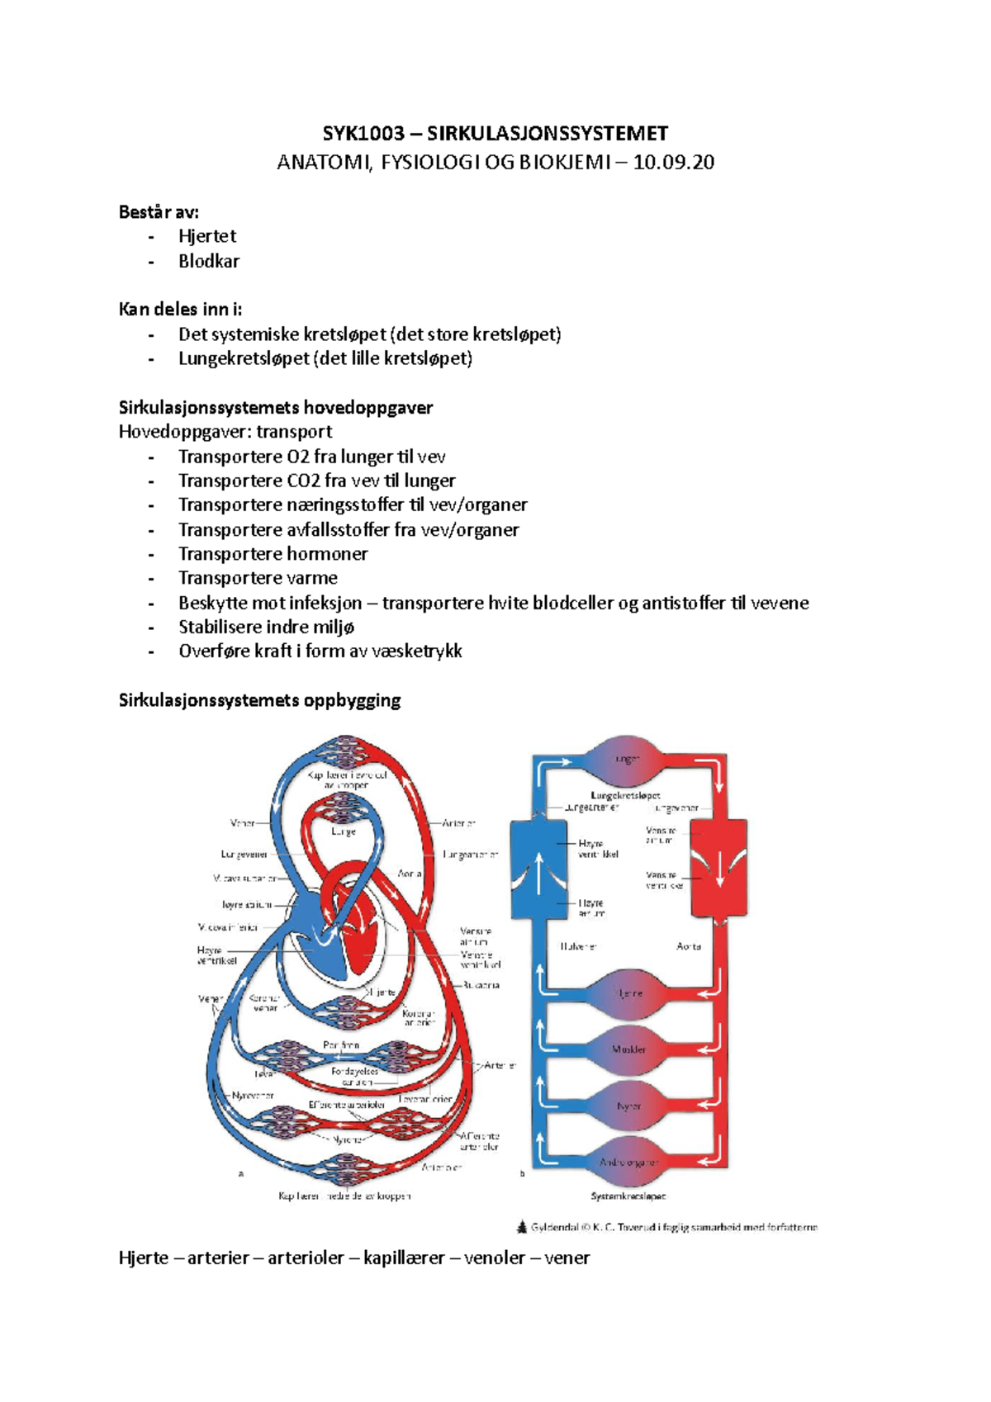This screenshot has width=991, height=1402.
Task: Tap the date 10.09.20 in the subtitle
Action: click(673, 162)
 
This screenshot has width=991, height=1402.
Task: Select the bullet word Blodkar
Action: click(209, 261)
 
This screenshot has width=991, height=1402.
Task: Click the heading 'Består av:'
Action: click(159, 212)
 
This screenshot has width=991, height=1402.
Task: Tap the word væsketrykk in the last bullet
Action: click(417, 651)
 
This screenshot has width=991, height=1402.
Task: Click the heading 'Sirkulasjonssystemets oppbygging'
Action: click(259, 700)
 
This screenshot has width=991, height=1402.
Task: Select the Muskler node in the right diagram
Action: click(628, 1049)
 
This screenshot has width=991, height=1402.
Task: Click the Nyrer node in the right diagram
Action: click(628, 1106)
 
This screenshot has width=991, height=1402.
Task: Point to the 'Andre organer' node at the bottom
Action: click(628, 1162)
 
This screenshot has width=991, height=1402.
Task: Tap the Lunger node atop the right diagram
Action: click(627, 759)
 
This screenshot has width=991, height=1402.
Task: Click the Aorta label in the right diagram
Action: click(689, 946)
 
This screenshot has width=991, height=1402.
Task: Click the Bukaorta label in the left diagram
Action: click(481, 985)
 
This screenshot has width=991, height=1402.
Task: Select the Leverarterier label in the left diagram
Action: click(424, 1099)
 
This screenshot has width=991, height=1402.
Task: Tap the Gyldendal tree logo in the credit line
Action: click(522, 1227)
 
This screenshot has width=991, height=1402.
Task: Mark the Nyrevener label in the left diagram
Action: click(253, 1096)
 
